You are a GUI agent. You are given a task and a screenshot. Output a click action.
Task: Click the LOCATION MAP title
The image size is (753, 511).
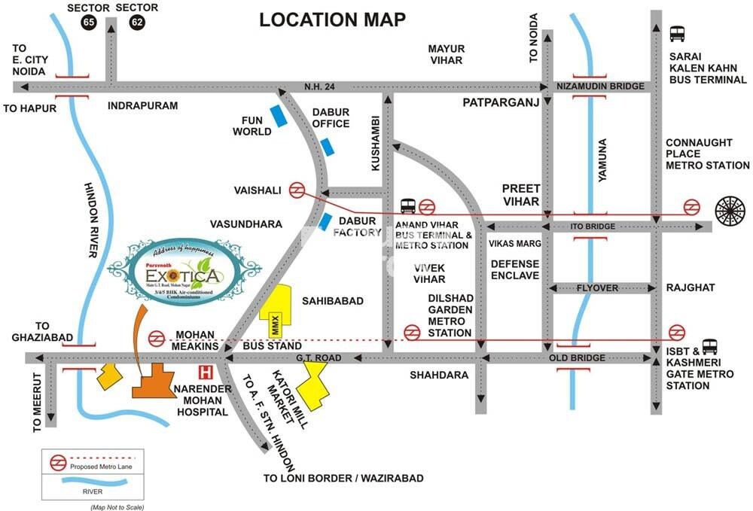(x=332, y=20)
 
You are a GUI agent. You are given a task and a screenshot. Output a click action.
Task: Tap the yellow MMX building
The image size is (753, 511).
(x=275, y=312)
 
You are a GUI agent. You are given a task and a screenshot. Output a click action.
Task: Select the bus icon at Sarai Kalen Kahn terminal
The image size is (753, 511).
(x=677, y=34)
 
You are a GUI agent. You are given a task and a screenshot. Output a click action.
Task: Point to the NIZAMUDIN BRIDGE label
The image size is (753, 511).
(x=600, y=87)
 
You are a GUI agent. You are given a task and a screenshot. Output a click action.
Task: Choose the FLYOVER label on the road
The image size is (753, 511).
(x=598, y=287)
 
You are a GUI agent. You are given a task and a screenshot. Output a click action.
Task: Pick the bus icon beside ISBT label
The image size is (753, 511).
(x=709, y=346)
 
